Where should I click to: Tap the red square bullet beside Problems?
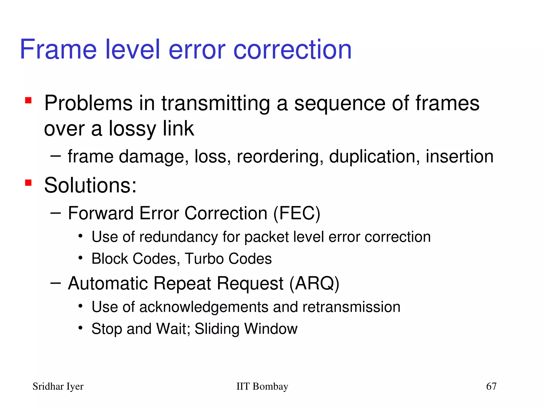click(28, 101)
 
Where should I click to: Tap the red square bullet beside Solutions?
click(28, 183)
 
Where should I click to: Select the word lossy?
click(132, 129)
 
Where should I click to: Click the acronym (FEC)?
click(297, 213)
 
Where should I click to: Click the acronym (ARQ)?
click(314, 283)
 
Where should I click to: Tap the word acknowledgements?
click(204, 307)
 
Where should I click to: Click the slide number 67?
click(491, 386)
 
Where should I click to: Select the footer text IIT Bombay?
click(262, 386)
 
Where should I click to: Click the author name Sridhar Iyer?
click(58, 386)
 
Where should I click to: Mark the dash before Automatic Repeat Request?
click(55, 283)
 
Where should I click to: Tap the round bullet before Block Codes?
click(81, 258)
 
